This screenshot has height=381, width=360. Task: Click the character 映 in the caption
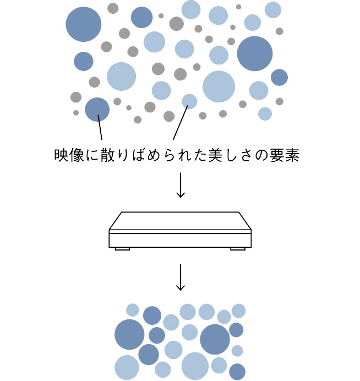point(61,155)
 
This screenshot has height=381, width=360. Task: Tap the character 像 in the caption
point(76,155)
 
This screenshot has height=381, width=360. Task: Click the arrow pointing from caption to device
point(180,186)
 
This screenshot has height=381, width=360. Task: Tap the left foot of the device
point(122,249)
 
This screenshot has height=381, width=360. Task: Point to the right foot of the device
point(237,249)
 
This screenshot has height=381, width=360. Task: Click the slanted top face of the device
point(180,221)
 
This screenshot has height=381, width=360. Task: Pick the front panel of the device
point(180,239)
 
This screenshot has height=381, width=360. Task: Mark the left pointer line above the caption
point(100,128)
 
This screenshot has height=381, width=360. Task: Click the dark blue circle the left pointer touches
point(97,109)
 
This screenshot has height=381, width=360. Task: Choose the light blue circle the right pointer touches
point(189,101)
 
